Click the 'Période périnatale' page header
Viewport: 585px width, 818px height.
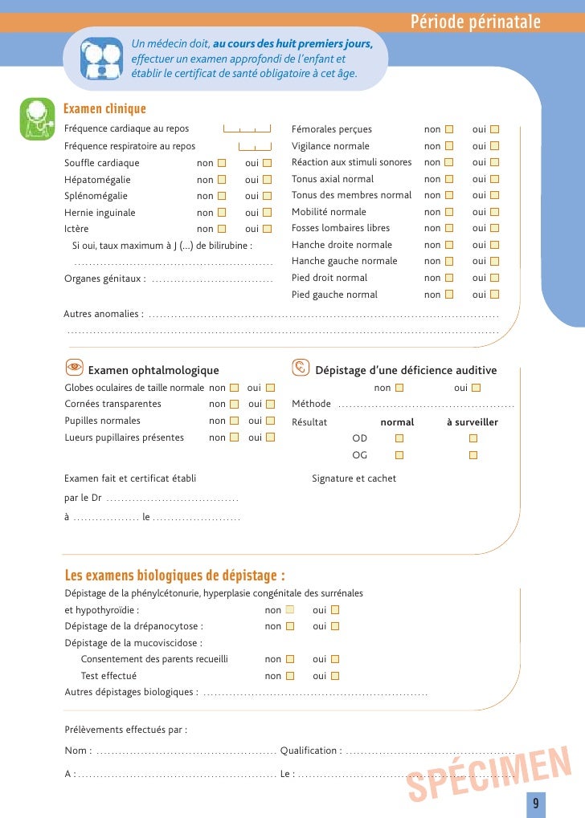(475, 22)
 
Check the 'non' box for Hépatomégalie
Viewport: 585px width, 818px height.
(222, 180)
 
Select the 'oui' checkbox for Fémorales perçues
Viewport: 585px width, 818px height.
(494, 129)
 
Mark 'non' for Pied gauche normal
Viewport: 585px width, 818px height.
(449, 295)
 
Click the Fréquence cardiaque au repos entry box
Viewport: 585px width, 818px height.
(247, 129)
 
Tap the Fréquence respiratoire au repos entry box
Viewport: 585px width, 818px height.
(255, 146)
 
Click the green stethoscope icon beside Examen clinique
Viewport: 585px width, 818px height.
(38, 119)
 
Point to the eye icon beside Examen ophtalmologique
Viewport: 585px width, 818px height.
(74, 368)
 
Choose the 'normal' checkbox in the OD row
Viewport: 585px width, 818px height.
(399, 438)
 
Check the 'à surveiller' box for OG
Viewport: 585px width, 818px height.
(472, 455)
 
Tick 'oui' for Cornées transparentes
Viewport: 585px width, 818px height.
(270, 404)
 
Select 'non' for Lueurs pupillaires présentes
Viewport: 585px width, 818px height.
(234, 437)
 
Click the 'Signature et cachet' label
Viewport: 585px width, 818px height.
(354, 478)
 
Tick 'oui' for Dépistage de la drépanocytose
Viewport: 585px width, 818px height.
(335, 626)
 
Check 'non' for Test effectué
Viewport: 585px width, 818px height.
(290, 676)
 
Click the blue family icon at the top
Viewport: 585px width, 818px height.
(102, 58)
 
